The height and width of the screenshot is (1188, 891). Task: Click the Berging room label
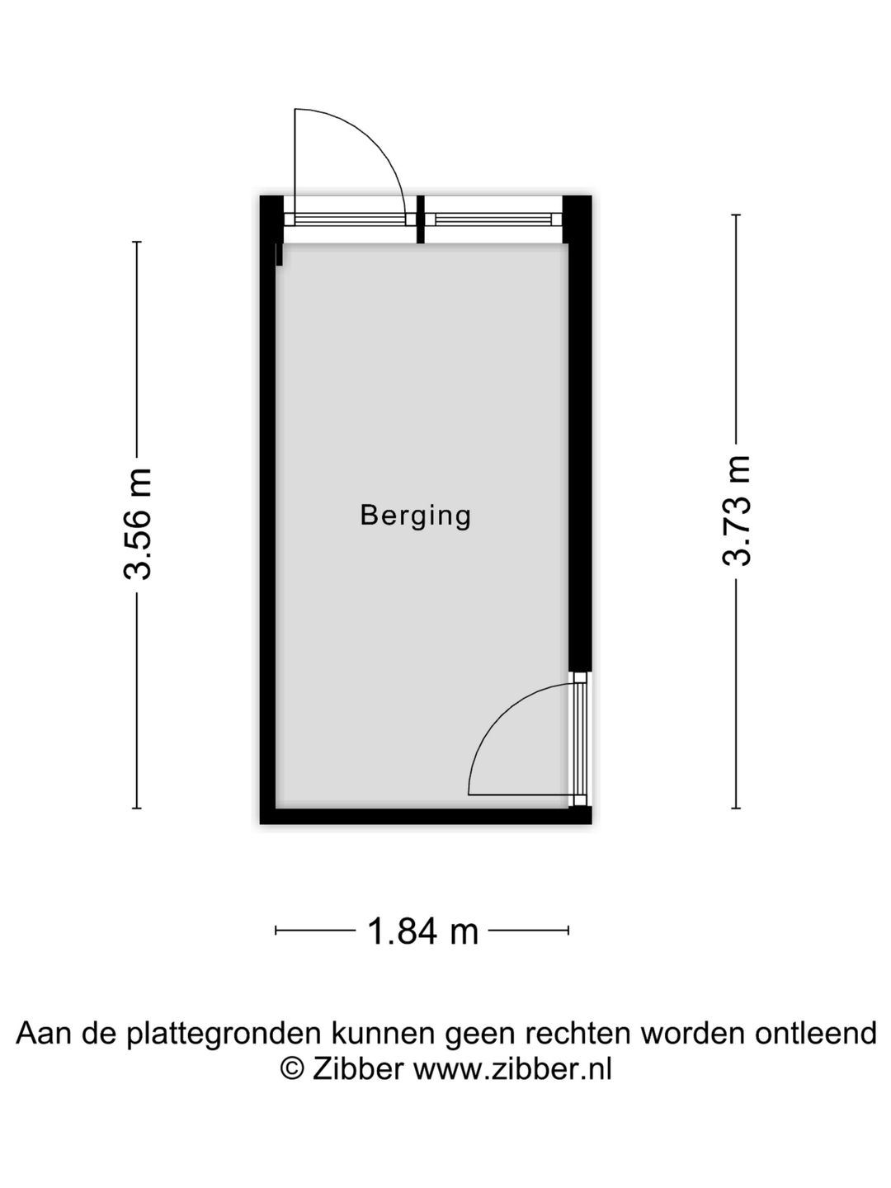[416, 516]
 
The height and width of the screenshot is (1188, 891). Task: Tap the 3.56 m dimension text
[137, 525]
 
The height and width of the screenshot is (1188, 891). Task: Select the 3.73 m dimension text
[736, 511]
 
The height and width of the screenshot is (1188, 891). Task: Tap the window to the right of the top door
[493, 219]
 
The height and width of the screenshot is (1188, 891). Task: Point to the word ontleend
[815, 1033]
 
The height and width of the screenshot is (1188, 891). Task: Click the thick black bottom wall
[426, 816]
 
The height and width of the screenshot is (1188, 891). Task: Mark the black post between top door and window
[421, 219]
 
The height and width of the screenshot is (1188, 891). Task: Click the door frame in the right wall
[580, 740]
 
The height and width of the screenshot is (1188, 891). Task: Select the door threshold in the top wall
[350, 219]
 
